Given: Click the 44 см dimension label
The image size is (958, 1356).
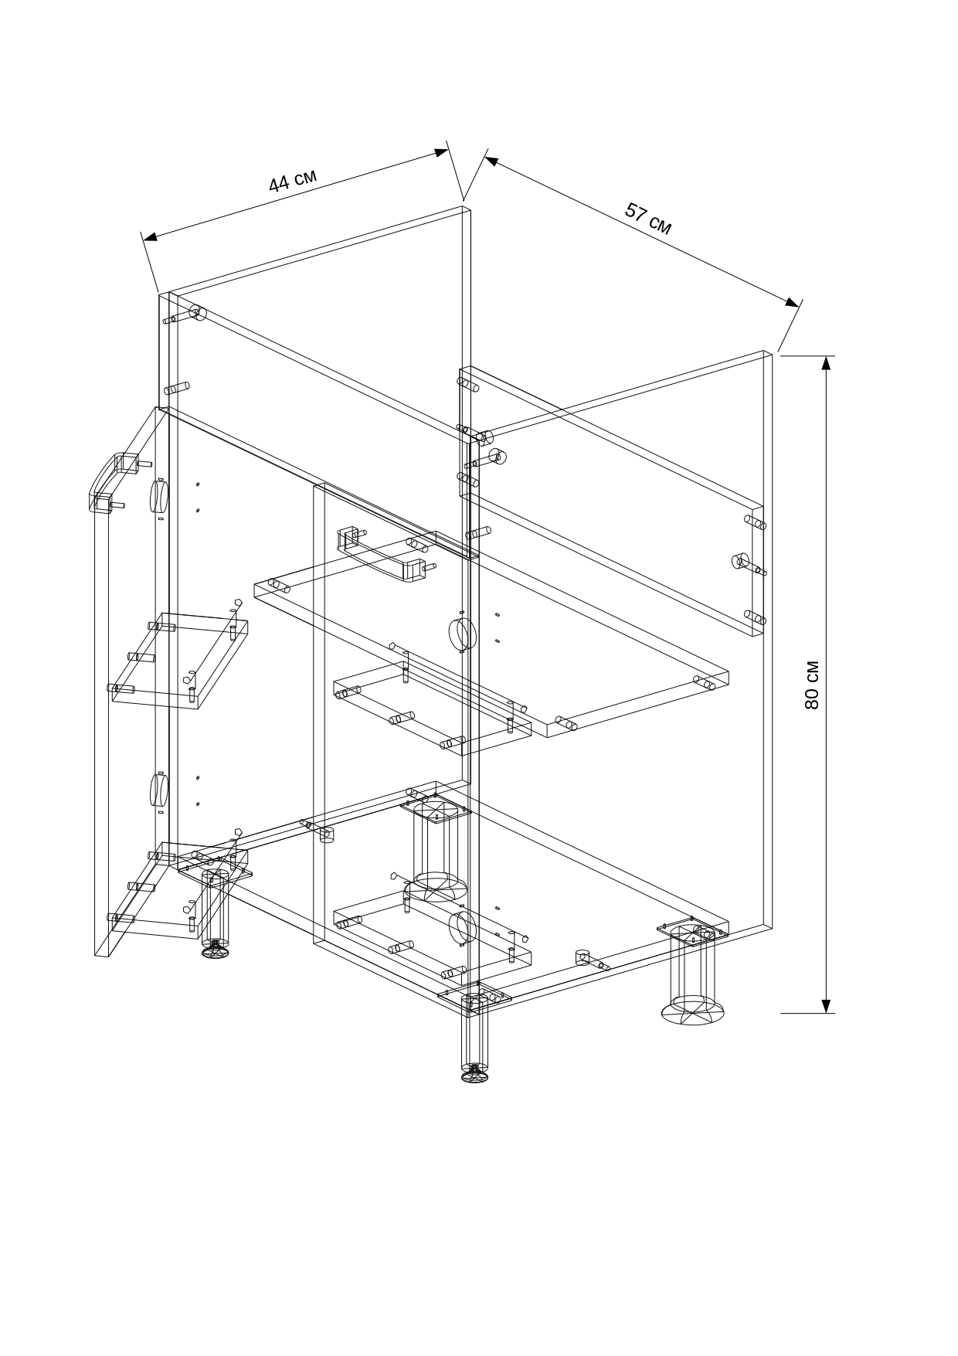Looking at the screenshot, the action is pos(293,179).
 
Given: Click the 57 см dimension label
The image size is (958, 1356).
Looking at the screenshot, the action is pos(649,219).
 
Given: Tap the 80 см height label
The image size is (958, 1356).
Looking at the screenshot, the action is pos(811,685).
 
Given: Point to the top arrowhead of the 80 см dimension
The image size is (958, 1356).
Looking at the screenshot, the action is pos(826,363).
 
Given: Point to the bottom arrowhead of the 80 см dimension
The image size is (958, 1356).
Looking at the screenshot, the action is pos(826,1005).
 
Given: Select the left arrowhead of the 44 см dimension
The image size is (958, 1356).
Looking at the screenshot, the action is pos(151,236).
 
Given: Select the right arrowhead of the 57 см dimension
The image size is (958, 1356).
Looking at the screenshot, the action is pos(792,301).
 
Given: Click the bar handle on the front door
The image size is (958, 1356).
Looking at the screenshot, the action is pos(382,553).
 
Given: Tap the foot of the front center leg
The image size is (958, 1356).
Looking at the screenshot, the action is pos(475,1073).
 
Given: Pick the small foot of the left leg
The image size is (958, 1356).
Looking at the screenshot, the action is pos(216,950).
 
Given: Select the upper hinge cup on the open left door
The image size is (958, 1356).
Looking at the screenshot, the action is pos(158,496).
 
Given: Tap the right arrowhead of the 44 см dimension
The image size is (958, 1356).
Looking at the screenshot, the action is pos(441,152).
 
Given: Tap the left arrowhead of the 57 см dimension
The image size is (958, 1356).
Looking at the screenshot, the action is pos(492,161).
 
